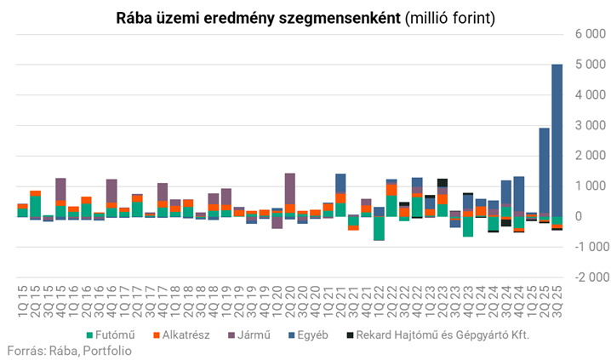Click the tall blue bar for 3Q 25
tap(557, 136)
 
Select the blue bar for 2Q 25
tap(544, 170)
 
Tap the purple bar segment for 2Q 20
tap(290, 188)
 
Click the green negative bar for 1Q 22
tap(379, 228)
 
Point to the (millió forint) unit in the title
tap(450, 17)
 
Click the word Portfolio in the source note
tap(106, 350)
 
